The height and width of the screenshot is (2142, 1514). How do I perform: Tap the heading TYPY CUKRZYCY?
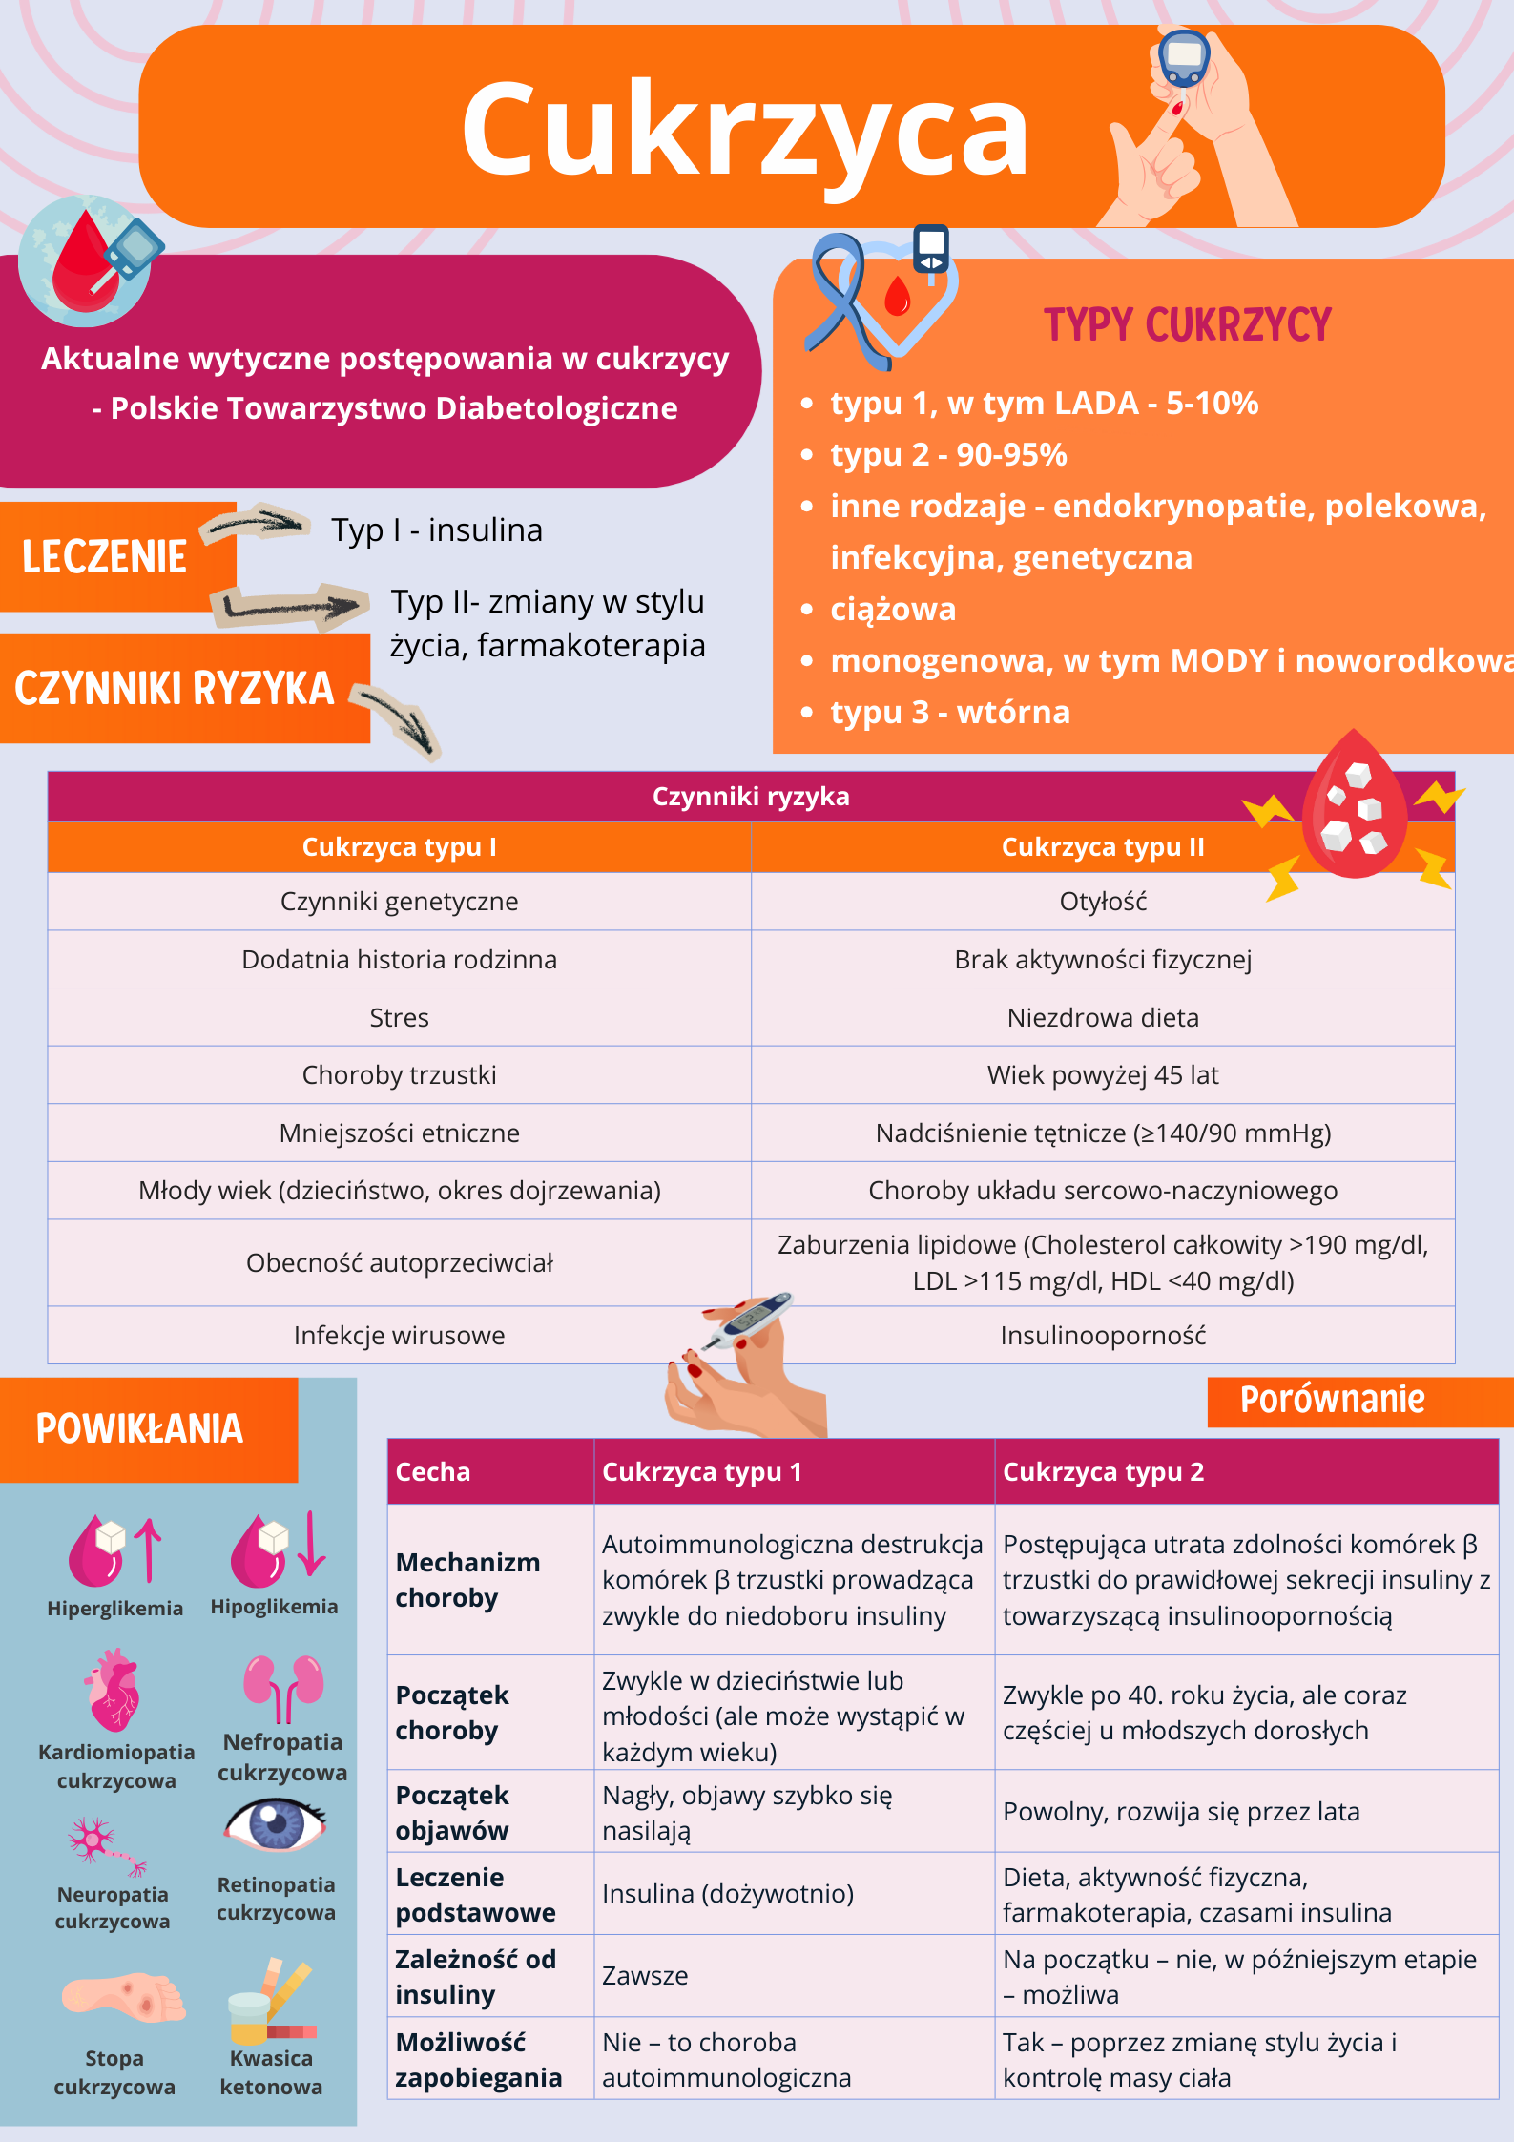click(1187, 325)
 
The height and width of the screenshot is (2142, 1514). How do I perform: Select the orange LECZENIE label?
click(105, 557)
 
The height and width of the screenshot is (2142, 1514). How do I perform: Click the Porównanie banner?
click(1332, 1401)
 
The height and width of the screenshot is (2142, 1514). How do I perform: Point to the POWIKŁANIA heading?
click(139, 1429)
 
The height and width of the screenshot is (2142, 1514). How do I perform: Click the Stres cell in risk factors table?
click(399, 1018)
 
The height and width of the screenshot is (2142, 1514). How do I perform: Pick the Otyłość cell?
click(1103, 902)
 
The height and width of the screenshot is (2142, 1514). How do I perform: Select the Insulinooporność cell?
click(1103, 1336)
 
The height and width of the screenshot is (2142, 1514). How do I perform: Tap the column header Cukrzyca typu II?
click(1103, 847)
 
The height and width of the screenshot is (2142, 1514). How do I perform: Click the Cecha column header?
click(433, 1472)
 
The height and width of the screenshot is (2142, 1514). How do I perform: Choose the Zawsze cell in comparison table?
click(645, 1976)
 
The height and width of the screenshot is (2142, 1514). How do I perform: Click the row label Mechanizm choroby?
click(467, 1580)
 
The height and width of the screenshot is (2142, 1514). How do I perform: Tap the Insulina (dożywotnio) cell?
click(728, 1894)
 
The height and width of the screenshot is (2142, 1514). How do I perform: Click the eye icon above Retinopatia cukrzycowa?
click(276, 1823)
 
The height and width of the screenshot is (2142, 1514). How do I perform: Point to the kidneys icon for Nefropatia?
click(283, 1688)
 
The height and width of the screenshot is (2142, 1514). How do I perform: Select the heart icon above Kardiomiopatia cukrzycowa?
click(114, 1691)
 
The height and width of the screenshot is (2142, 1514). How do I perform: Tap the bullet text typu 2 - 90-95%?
click(948, 455)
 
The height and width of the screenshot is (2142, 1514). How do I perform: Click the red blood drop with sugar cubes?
click(1354, 806)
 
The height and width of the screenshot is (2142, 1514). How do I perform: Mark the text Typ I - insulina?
click(437, 530)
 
